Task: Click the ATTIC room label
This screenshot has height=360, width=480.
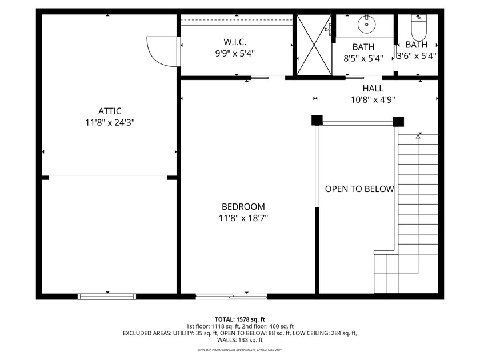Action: (x=109, y=111)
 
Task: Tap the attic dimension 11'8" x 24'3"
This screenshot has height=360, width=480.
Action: (x=109, y=122)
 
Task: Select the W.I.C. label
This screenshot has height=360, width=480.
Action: (x=235, y=42)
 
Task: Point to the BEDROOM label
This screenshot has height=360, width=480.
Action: (x=243, y=207)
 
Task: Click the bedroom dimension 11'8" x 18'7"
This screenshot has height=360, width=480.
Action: (x=243, y=218)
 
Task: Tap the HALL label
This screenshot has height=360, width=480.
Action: (x=373, y=89)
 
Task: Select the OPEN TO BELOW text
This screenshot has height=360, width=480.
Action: (x=359, y=189)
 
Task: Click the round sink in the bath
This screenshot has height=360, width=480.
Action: (x=364, y=25)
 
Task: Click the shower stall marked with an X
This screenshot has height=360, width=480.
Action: (x=313, y=45)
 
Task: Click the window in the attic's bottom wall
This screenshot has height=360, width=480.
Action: (x=107, y=296)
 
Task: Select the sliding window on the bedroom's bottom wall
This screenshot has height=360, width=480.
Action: (x=231, y=296)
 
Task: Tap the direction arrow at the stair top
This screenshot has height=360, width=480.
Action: (x=418, y=136)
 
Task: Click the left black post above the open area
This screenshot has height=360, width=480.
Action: (x=317, y=121)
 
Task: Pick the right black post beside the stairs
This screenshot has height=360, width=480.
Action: (x=398, y=121)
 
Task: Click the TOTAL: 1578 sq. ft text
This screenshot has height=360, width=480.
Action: (x=240, y=319)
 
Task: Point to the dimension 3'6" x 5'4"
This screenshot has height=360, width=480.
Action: (x=417, y=56)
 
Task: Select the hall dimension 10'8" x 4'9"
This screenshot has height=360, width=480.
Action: (x=373, y=99)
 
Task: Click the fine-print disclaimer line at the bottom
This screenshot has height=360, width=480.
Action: (x=240, y=350)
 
